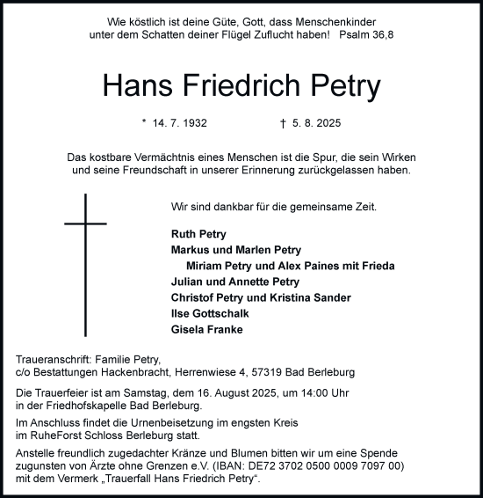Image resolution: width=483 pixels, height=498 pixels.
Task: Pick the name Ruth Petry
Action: point(198,235)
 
